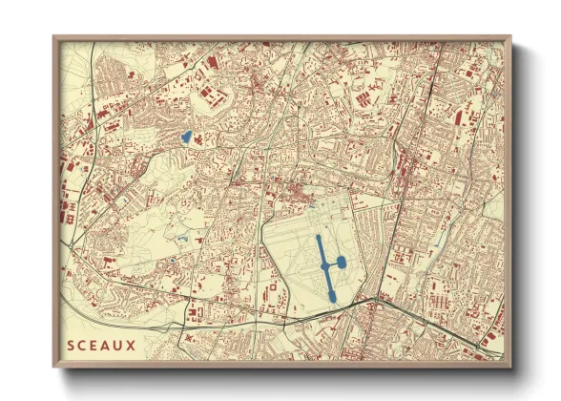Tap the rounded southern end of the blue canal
(332, 297)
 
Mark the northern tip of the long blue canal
(318, 237)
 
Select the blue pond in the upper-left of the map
(187, 137)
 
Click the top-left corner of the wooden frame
(54, 38)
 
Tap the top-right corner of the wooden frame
(510, 38)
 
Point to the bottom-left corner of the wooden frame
(54, 366)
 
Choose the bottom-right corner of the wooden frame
(510, 366)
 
